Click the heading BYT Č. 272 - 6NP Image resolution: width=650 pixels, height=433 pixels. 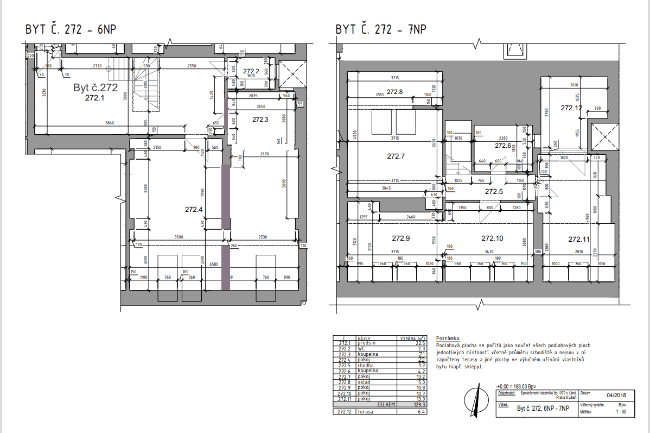click(71, 29)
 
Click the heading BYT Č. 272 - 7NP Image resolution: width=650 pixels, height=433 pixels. click(380, 29)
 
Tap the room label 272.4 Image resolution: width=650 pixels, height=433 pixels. click(194, 209)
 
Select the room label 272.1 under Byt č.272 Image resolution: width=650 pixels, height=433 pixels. click(94, 98)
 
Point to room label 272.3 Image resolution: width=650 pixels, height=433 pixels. click(261, 119)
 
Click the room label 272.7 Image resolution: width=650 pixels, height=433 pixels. click(396, 156)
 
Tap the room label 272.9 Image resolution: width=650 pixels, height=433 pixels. click(400, 238)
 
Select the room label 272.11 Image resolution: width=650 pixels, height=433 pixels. click(578, 239)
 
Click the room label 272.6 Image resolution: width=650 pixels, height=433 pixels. click(503, 146)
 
